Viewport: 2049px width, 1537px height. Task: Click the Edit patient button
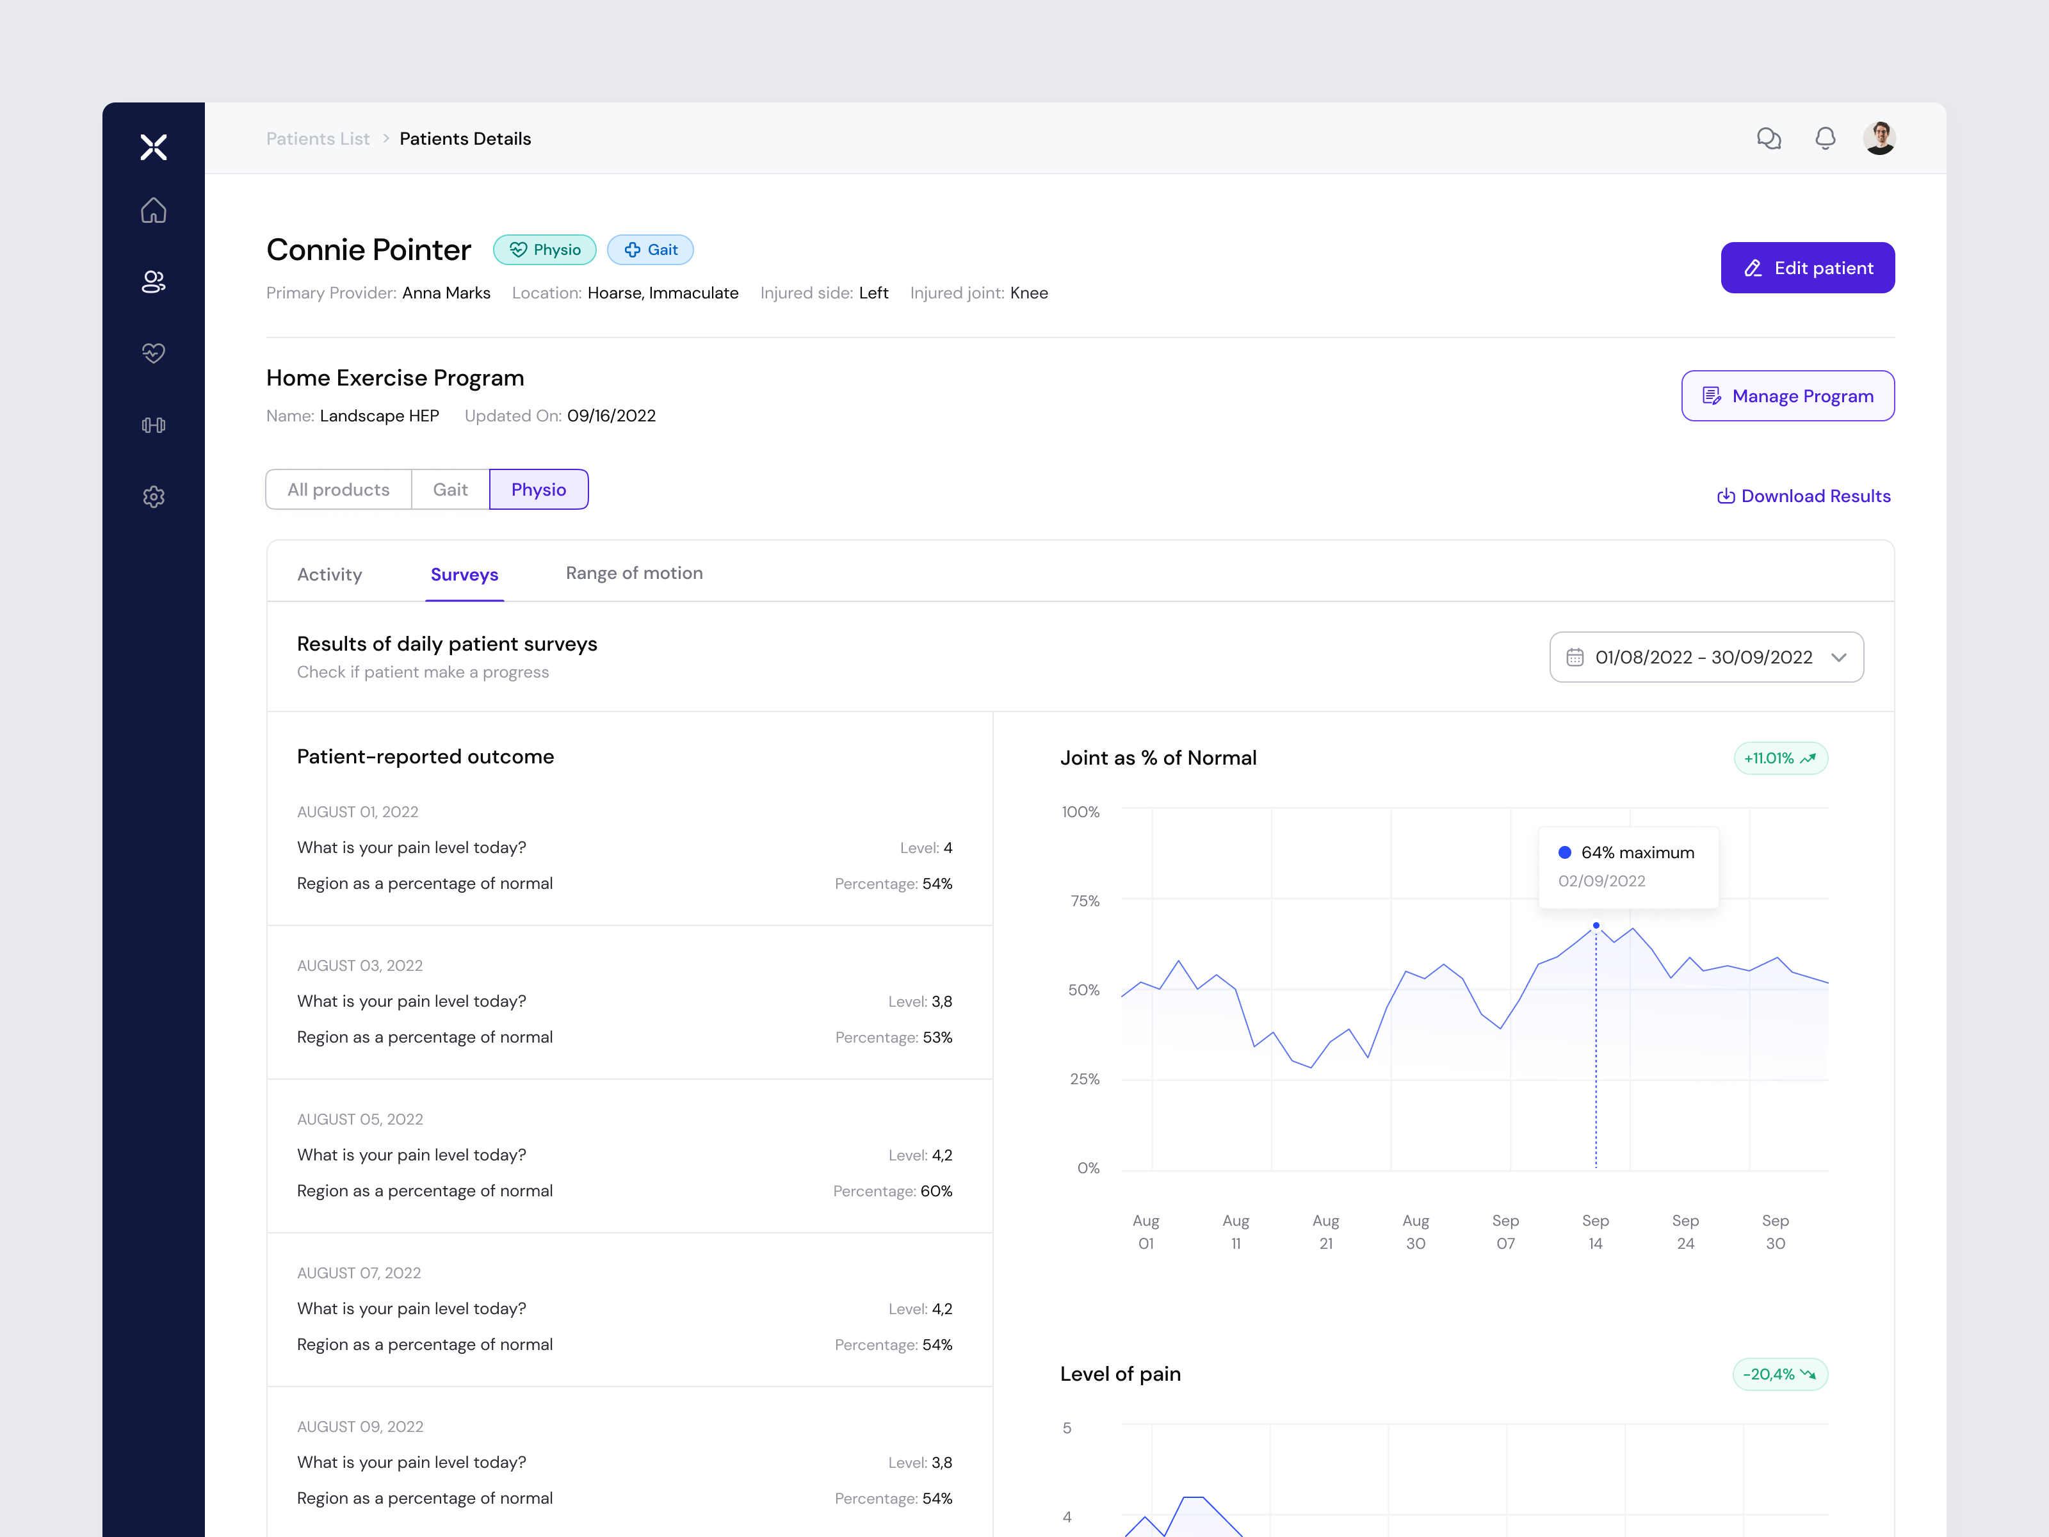click(1806, 268)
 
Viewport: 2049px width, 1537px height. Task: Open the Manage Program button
click(1787, 396)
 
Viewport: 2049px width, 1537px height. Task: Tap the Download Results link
click(1804, 496)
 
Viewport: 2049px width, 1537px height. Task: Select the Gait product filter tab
click(450, 489)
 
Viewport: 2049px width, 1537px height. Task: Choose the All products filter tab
click(338, 489)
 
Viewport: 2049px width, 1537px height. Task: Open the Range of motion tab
click(634, 573)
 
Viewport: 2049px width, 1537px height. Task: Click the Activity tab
click(329, 574)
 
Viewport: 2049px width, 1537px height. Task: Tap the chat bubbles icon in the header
click(1769, 138)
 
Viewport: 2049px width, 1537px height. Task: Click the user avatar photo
click(1879, 138)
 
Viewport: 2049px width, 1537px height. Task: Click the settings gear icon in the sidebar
click(154, 496)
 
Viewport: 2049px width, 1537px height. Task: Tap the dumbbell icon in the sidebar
click(154, 425)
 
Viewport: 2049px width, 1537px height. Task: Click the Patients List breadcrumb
click(318, 138)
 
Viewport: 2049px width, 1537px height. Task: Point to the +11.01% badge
click(1779, 758)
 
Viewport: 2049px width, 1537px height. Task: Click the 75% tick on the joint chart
click(1085, 900)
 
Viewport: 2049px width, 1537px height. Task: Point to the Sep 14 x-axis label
click(1595, 1232)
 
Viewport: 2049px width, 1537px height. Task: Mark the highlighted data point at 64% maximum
click(1595, 925)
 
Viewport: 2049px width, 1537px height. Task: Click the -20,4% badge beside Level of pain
click(1779, 1374)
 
